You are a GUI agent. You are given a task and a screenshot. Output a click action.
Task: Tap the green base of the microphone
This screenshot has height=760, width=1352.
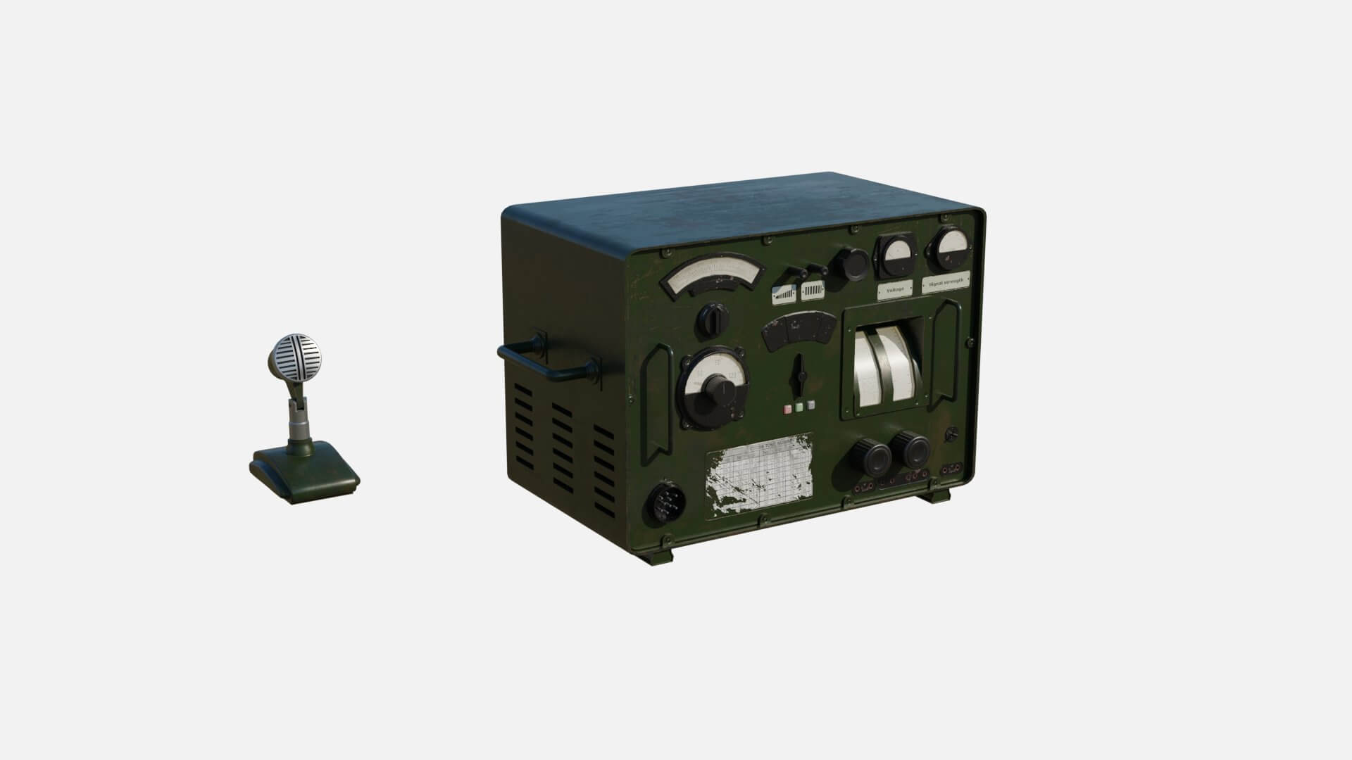[x=304, y=473]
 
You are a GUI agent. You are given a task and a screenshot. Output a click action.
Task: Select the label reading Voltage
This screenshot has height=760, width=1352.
[x=895, y=289]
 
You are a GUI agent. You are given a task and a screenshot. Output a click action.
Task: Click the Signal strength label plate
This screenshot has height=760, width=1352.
[x=946, y=282]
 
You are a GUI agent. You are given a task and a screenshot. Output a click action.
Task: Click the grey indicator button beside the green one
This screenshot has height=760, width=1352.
[x=812, y=405]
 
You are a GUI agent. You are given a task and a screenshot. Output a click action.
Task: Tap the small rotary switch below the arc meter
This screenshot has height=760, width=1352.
[x=713, y=320]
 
